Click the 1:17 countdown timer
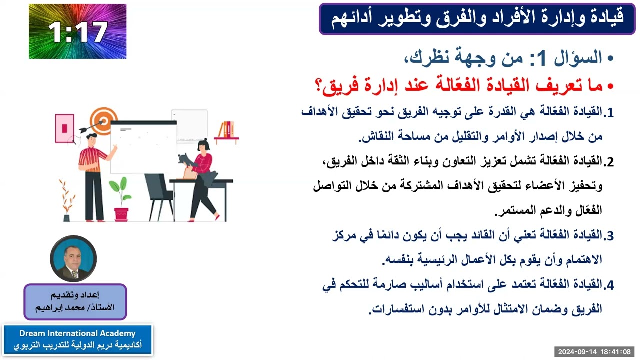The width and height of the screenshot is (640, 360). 77,31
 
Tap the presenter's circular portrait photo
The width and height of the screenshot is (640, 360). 73,259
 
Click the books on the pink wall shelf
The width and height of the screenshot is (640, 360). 227,129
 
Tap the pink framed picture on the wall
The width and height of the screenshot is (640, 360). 64,127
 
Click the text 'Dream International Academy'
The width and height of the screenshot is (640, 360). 77,333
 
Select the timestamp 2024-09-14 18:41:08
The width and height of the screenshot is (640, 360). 594,351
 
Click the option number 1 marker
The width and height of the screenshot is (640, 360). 608,113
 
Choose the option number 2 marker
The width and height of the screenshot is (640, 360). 608,162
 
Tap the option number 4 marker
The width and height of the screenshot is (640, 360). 608,285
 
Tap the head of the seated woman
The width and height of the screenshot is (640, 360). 203,146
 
